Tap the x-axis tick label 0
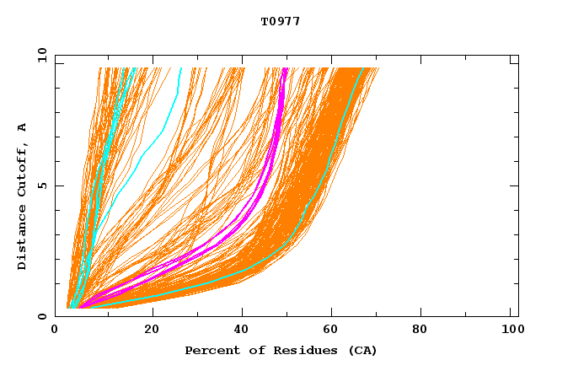(x=56, y=330)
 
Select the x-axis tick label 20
(x=152, y=330)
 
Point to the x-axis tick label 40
(x=243, y=330)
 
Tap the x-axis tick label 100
(x=511, y=330)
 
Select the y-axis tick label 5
(x=45, y=185)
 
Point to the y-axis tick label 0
(x=45, y=316)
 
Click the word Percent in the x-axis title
(x=208, y=350)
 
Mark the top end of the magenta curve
(x=285, y=69)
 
